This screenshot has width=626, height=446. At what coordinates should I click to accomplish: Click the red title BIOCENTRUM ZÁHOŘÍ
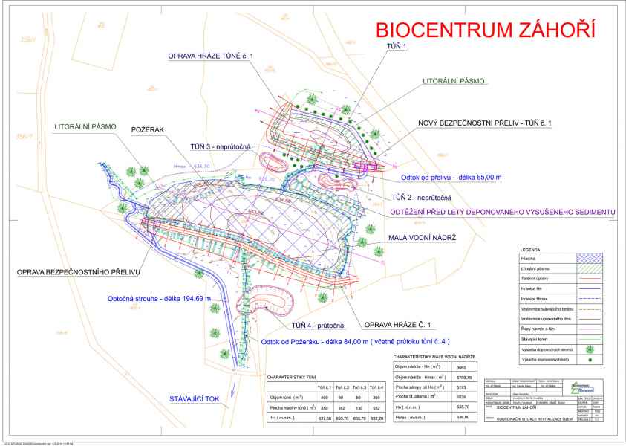(486, 31)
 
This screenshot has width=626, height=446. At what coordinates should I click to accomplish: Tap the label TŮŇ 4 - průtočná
(319, 326)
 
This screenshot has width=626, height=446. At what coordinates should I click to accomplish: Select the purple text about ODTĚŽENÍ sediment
(503, 213)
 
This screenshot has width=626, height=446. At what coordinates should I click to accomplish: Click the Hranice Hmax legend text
(537, 297)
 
